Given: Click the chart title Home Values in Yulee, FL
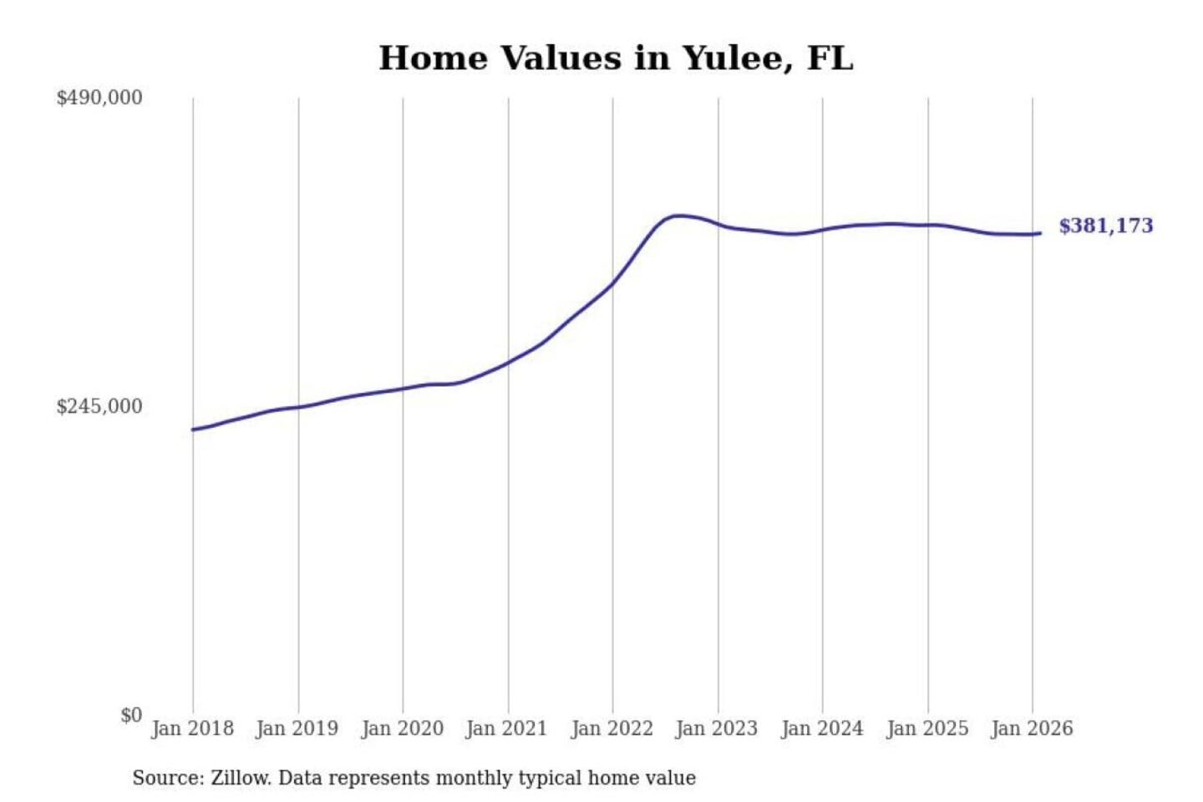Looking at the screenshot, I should [616, 58].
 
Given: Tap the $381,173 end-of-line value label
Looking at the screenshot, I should [1105, 226].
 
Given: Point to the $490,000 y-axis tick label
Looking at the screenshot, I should [99, 98].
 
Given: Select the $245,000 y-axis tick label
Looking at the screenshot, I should [99, 407].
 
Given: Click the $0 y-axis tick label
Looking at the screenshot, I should [131, 715].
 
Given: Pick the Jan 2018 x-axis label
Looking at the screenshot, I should [192, 728].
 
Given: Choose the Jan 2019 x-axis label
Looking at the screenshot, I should [297, 728].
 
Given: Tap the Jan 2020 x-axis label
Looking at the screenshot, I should [402, 728].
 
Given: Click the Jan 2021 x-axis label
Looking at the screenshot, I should [506, 728].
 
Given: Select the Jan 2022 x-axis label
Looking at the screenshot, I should [612, 728].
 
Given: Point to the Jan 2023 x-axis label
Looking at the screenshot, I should [716, 728].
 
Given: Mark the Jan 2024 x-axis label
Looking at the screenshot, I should [821, 728].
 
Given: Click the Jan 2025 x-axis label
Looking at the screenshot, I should [926, 728].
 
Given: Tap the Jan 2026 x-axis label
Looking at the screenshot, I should [1032, 728].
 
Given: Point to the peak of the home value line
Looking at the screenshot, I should [679, 216].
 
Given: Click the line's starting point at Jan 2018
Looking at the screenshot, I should [193, 429].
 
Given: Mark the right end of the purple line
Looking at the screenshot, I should [1040, 233].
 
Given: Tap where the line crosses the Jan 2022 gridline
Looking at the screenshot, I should [612, 284].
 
